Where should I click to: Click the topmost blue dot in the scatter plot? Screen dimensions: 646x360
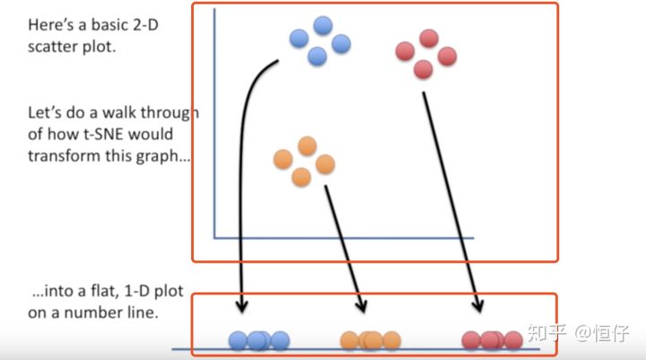coord(323,25)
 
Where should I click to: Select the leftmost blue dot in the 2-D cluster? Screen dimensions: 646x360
coord(299,39)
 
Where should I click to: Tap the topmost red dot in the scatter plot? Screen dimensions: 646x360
coord(429,39)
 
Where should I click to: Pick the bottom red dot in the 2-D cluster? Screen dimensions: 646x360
coord(423,69)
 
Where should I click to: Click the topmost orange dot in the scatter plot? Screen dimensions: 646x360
coord(307,146)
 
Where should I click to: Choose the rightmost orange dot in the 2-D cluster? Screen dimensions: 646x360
coord(325,164)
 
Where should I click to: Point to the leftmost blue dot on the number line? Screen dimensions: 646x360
coord(238,340)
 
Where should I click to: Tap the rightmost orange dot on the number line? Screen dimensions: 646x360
coord(391,340)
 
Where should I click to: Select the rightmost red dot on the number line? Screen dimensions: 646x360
coord(513,340)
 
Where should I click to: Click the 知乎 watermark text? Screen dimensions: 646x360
coord(547,333)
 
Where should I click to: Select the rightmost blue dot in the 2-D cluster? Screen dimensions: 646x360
coord(341,44)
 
